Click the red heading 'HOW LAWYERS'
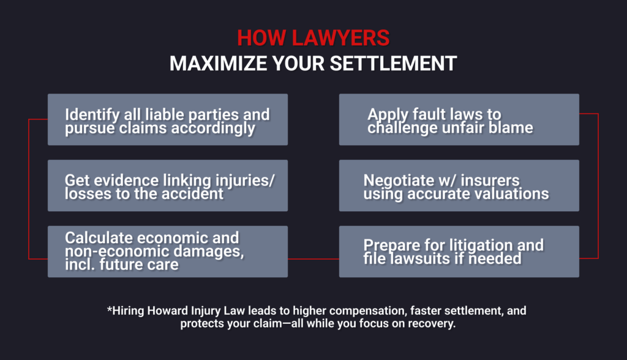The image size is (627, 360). pos(313,39)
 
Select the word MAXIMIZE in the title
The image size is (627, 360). pos(212,64)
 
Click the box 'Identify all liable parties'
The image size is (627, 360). pos(167,119)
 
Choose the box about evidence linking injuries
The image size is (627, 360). pos(167,186)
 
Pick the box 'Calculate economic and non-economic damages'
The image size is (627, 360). pos(167,252)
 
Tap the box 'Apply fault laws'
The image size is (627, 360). pos(459,119)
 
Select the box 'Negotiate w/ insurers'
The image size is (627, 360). pos(459,186)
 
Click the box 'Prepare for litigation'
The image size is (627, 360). pos(459,252)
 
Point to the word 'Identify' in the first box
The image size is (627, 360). pos(91,114)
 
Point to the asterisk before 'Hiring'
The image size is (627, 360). pos(109,310)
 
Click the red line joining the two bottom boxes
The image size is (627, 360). pos(313,259)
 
